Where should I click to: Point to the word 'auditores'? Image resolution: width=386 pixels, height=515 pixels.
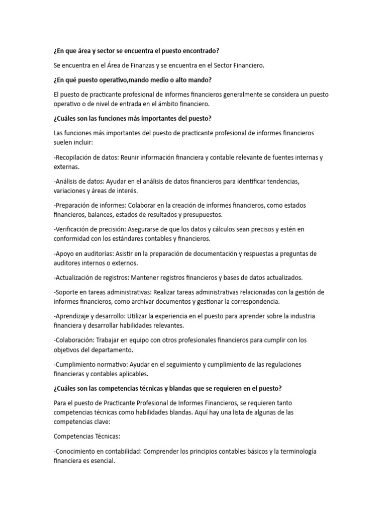click(68, 263)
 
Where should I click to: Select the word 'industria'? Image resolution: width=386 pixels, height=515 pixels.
click(301, 316)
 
